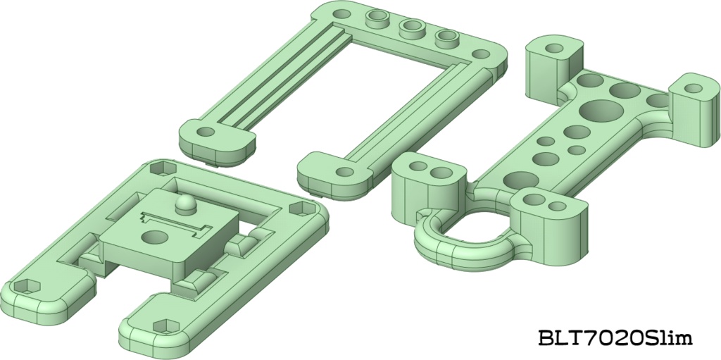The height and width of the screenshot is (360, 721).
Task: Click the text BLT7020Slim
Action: coord(615,339)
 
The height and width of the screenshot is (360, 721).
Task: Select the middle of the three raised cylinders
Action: coord(410,28)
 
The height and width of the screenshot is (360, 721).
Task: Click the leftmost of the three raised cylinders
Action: coord(377,19)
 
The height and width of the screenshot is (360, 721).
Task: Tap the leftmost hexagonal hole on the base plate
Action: coord(27,287)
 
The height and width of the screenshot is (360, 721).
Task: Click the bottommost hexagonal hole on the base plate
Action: coord(166,326)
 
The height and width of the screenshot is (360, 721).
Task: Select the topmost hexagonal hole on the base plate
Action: coord(163,168)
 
